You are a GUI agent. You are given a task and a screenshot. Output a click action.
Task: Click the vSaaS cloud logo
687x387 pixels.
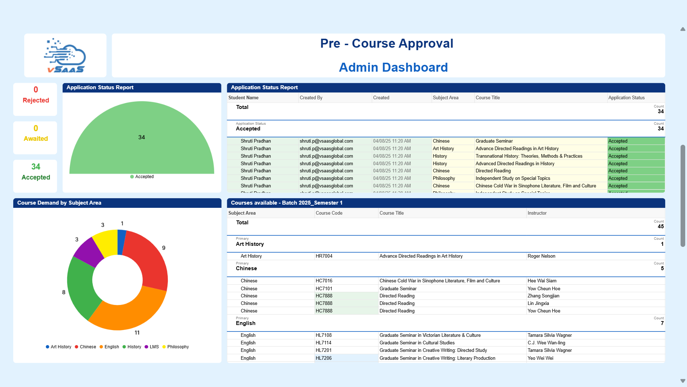point(65,56)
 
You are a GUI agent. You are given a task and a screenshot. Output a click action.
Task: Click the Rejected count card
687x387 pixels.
point(35,99)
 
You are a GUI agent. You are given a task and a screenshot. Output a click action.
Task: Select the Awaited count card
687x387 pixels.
point(35,138)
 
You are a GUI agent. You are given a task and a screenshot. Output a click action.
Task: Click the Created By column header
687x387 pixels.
point(311,98)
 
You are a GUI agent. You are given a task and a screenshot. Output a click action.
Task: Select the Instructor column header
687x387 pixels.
point(537,213)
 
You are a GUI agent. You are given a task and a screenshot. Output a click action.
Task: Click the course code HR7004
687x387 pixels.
point(324,256)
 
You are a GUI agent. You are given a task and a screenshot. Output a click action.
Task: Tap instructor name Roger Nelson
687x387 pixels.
point(541,256)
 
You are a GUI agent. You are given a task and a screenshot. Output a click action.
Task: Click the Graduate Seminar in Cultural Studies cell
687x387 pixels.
point(417,343)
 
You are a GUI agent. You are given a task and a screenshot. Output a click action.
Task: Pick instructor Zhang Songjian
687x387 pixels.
point(543,296)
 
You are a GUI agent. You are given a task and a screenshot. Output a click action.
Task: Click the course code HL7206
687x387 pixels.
point(323,358)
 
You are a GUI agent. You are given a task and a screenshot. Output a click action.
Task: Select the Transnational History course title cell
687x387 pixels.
point(528,156)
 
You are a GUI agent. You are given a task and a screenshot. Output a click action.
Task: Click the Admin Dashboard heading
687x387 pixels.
point(393,67)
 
